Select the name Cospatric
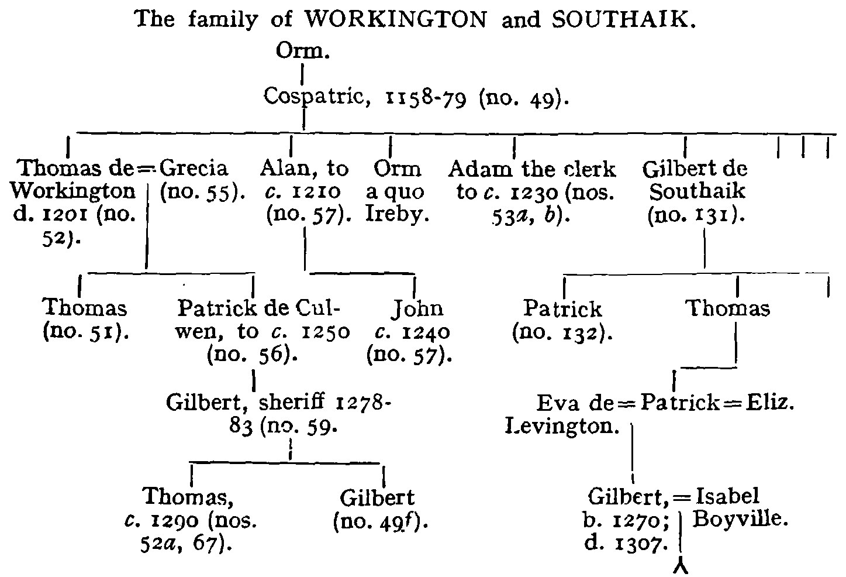pyautogui.click(x=317, y=97)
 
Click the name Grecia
pyautogui.click(x=194, y=168)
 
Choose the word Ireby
pyautogui.click(x=398, y=215)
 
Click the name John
pyautogui.click(x=417, y=308)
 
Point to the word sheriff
pyautogui.click(x=291, y=402)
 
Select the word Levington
pyautogui.click(x=562, y=426)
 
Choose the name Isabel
pyautogui.click(x=727, y=496)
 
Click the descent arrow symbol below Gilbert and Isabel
pyautogui.click(x=681, y=568)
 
